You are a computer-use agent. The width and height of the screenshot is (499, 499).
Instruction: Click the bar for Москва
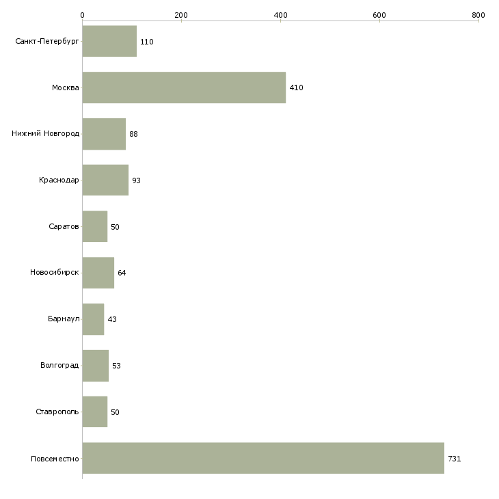pos(184,87)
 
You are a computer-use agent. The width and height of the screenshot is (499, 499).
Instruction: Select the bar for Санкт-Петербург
pos(109,41)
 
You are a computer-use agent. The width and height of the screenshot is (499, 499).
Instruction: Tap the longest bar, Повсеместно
pos(263,458)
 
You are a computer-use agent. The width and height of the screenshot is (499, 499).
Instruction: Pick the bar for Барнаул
pos(93,319)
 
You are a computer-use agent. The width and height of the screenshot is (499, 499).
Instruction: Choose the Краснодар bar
pos(105,180)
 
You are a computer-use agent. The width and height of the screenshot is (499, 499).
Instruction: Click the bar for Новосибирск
pos(98,273)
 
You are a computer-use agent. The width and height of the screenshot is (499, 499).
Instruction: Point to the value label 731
pos(454,459)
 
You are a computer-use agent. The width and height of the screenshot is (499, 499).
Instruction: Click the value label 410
pos(296,87)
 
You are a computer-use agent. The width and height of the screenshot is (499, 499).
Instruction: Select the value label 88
pos(133,134)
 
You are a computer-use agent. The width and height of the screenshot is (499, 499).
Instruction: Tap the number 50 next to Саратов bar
pos(115,227)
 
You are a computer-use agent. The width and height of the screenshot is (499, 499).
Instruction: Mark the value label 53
pos(116,366)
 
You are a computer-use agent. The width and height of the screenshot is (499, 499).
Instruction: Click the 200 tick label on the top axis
pos(181,15)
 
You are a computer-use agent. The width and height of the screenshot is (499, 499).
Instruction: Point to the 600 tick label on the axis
pos(379,15)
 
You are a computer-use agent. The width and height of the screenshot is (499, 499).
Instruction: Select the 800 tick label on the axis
pos(478,15)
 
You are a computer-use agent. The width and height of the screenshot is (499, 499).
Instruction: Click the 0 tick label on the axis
pos(83,15)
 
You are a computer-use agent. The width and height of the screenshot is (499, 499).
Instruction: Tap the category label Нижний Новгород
pos(46,134)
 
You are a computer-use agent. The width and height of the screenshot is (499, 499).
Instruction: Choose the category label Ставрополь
pos(57,412)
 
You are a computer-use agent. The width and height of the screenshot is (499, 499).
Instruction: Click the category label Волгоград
pos(59,365)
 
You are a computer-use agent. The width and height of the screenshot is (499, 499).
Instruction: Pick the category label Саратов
pos(64,226)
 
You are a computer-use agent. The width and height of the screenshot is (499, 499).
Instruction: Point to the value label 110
pos(147,42)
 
